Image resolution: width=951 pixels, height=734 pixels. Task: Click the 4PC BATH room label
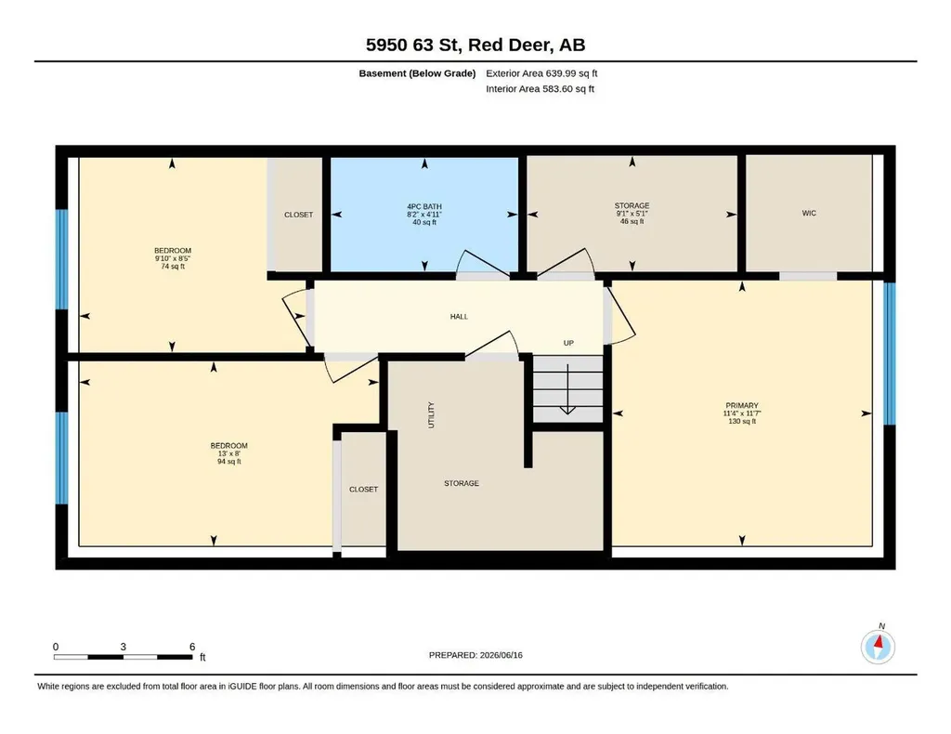coord(423,206)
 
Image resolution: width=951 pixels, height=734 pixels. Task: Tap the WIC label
coord(809,213)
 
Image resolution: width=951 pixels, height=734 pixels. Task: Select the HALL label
coord(459,316)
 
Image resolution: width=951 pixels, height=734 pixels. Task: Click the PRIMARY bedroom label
coord(742,405)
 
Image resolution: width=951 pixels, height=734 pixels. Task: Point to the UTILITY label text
coord(431,415)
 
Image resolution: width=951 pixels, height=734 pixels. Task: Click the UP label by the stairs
coord(568,343)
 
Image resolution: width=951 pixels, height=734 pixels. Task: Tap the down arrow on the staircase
coord(567,389)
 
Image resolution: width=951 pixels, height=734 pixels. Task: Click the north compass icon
coord(878,646)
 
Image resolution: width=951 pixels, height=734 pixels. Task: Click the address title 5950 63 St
coord(475,45)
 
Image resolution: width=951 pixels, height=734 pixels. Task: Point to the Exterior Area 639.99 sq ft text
coord(541,73)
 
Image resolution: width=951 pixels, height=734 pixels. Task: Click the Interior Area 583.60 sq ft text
coord(540,88)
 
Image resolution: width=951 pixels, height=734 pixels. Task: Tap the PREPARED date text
coord(475,655)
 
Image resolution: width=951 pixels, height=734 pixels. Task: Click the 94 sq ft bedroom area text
coord(229,461)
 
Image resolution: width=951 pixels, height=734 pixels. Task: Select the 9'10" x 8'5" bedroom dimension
coord(173,258)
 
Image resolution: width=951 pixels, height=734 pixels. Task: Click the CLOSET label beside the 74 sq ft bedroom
coord(298,215)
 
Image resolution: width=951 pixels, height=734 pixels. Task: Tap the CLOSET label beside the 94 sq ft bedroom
coord(363,489)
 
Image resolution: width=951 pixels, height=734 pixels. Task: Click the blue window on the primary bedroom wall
coord(889,354)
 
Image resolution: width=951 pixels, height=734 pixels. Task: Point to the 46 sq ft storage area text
coord(632,221)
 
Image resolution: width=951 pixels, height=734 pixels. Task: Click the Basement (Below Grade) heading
coord(417,73)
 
